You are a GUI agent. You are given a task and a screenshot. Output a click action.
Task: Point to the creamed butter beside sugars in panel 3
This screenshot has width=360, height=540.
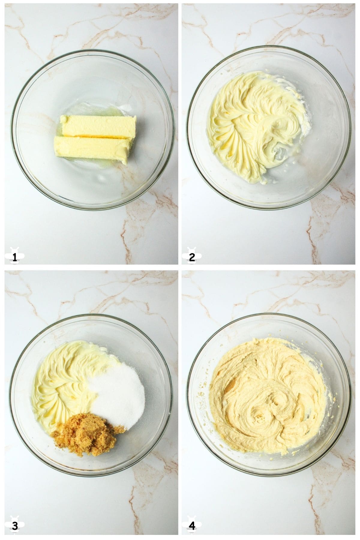pyautogui.click(x=60, y=381)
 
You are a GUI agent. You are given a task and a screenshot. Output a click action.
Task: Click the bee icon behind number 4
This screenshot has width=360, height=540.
pyautogui.click(x=190, y=521)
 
